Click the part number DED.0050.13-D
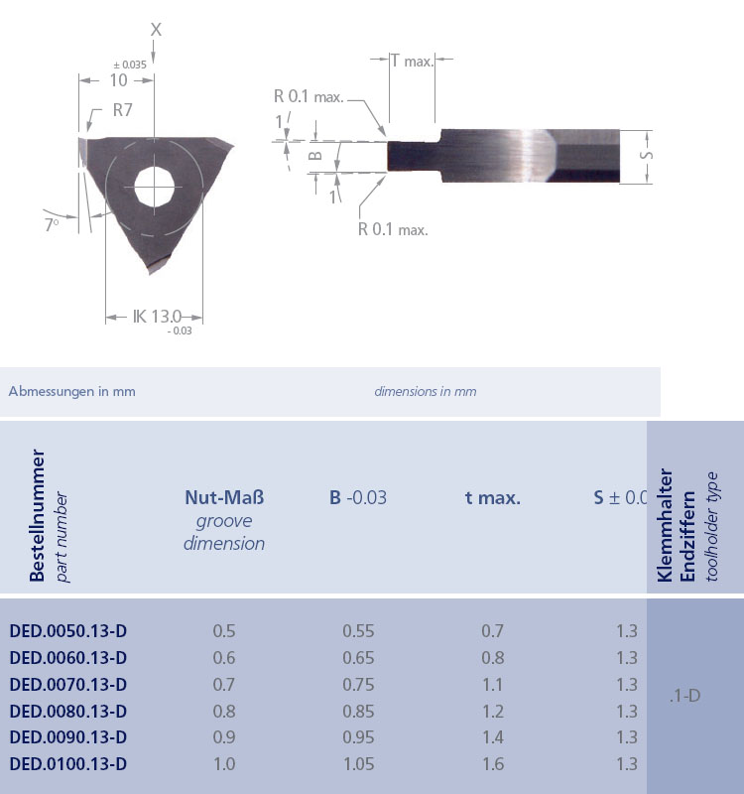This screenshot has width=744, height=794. [x=68, y=631]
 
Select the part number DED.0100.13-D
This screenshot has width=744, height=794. [x=68, y=764]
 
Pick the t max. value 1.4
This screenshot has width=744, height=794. [x=492, y=737]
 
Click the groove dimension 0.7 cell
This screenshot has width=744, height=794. [x=224, y=685]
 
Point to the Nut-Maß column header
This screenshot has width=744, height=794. [x=224, y=497]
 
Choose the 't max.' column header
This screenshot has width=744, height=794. [x=492, y=497]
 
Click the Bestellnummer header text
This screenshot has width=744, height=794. [x=37, y=517]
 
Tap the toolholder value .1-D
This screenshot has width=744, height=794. [x=684, y=696]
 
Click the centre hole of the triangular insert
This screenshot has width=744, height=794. [x=155, y=186]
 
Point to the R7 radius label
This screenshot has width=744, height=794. [x=123, y=110]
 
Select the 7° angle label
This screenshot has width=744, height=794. [x=52, y=224]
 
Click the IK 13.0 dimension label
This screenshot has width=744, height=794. [x=158, y=317]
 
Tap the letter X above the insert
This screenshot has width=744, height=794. [x=156, y=30]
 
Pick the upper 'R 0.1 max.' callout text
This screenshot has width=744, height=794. [x=309, y=96]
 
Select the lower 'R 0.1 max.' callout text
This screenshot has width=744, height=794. [x=393, y=229]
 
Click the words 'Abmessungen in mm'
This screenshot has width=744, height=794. [x=71, y=391]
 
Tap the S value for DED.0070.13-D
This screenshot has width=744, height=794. [x=626, y=685]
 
